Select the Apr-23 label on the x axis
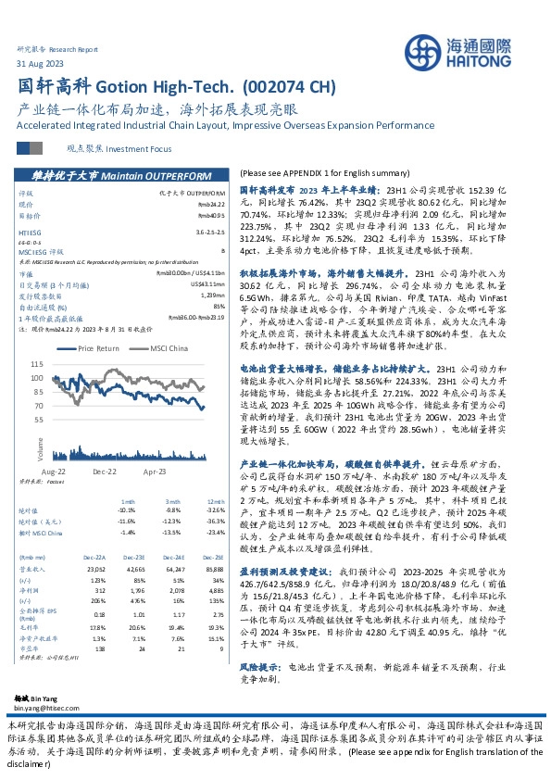pos(155,471)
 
